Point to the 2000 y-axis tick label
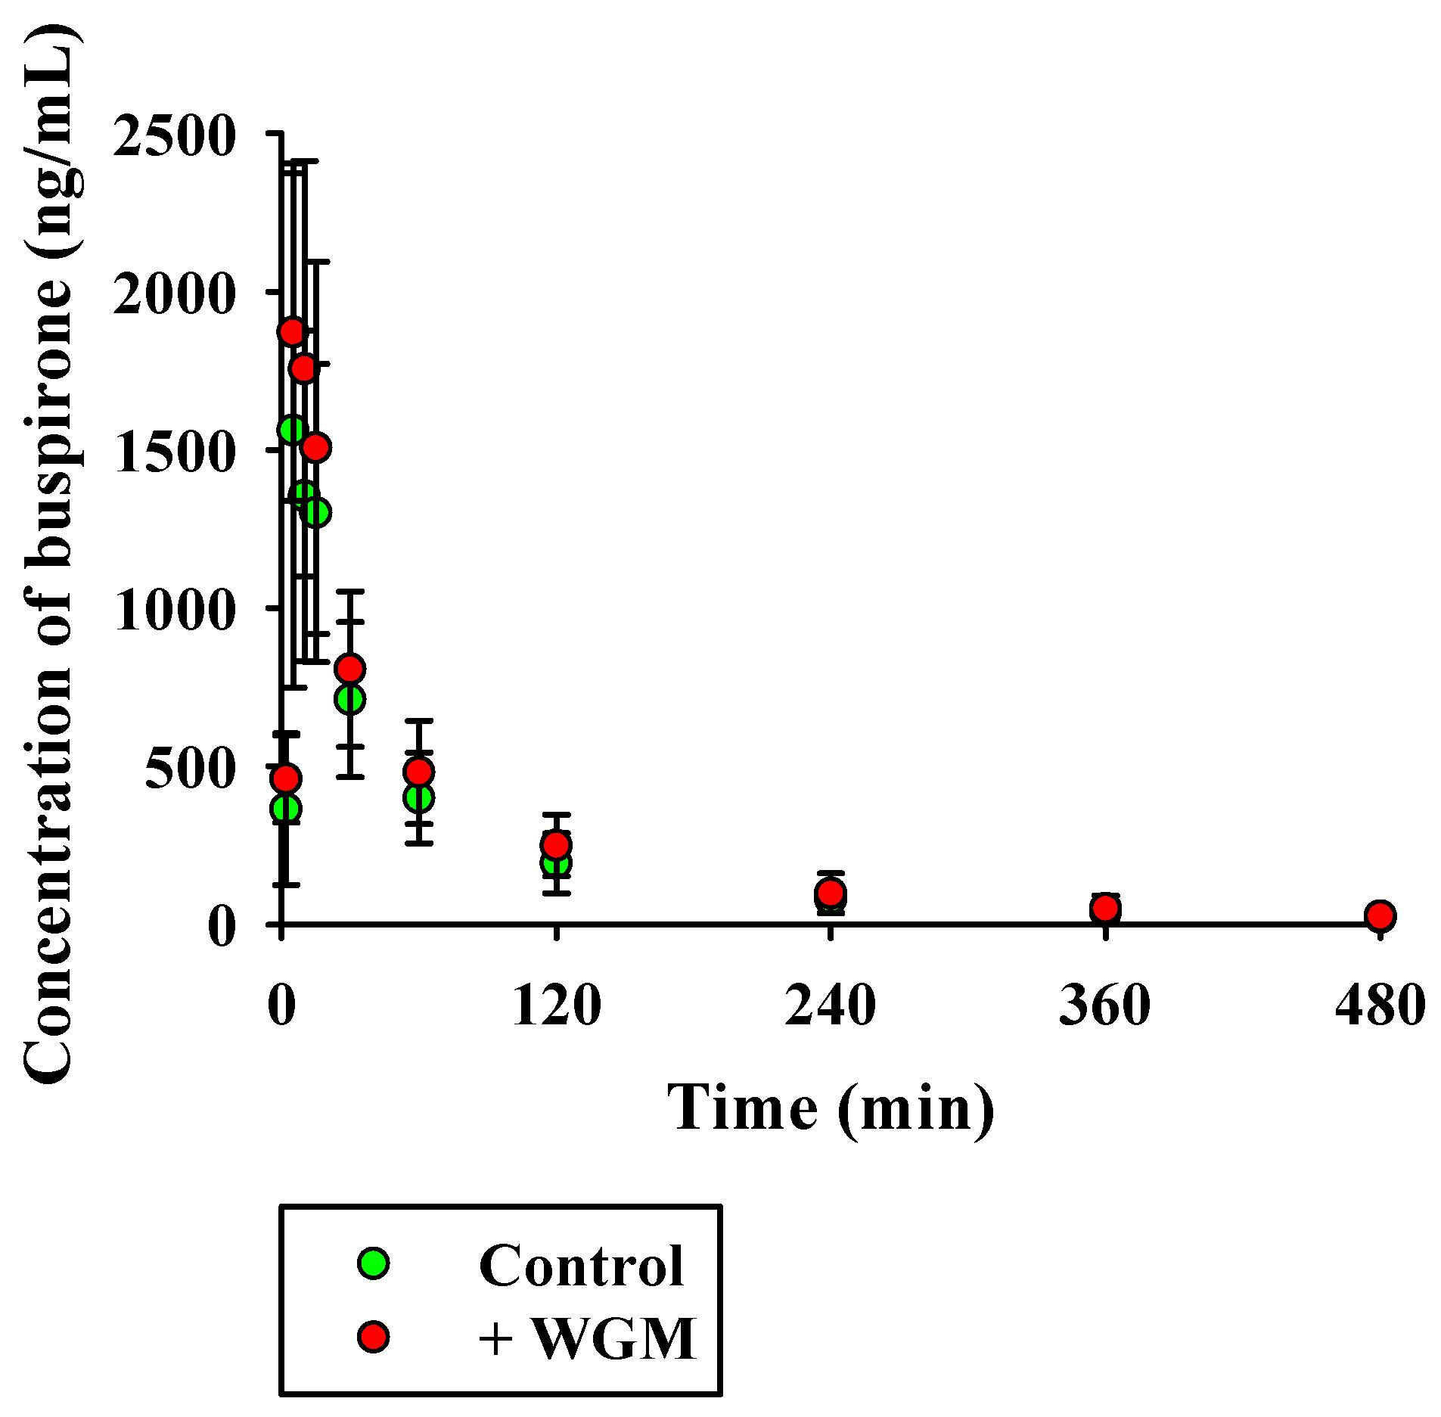(172, 294)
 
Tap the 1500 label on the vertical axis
(172, 452)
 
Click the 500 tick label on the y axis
(188, 769)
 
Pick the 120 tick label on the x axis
(556, 1007)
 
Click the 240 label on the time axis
(831, 1007)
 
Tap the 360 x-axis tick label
(1105, 1007)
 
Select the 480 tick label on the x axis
(1380, 1007)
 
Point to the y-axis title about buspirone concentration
(50, 552)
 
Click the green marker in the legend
(374, 1262)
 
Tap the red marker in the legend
(374, 1336)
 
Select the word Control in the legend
(581, 1266)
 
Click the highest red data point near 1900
(291, 331)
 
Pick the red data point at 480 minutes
(1380, 916)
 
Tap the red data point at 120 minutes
(556, 844)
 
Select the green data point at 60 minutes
(418, 797)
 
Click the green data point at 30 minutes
(349, 699)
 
